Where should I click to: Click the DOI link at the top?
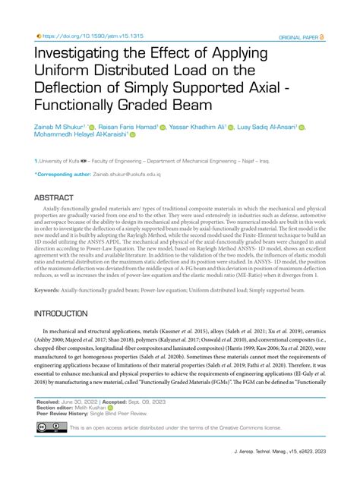[85, 36]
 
